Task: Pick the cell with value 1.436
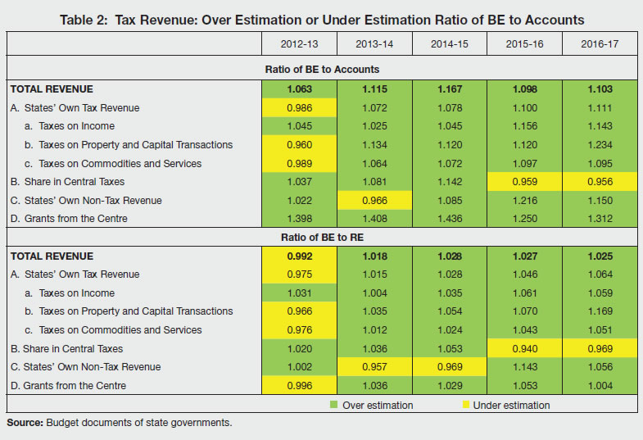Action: pyautogui.click(x=448, y=219)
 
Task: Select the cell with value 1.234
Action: pyautogui.click(x=597, y=145)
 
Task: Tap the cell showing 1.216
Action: pyautogui.click(x=523, y=201)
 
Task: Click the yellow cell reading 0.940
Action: pyautogui.click(x=523, y=348)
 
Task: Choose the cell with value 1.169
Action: pyautogui.click(x=597, y=311)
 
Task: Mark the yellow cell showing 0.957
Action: pyautogui.click(x=374, y=367)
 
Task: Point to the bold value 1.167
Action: pyautogui.click(x=448, y=88)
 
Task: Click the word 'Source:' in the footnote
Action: pyautogui.click(x=25, y=422)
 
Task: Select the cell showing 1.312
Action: pyautogui.click(x=597, y=219)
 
